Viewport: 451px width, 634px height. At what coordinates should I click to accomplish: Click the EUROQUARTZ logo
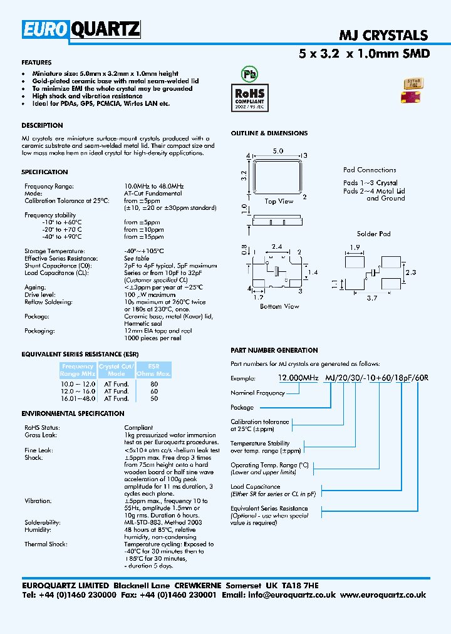click(x=81, y=30)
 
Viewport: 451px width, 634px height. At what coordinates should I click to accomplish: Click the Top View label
click(x=279, y=201)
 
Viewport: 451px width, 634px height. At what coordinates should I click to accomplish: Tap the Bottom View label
click(x=279, y=306)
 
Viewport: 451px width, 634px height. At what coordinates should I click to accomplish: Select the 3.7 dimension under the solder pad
click(x=371, y=299)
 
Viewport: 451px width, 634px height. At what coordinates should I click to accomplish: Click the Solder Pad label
click(x=373, y=234)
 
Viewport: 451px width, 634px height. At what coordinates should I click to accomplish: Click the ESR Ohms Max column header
click(x=153, y=370)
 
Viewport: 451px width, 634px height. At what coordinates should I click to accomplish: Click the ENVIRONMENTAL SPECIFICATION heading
click(x=73, y=413)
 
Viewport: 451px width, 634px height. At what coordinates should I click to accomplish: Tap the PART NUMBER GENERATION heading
click(x=274, y=350)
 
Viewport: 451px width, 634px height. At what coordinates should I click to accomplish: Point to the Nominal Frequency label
click(x=257, y=393)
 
